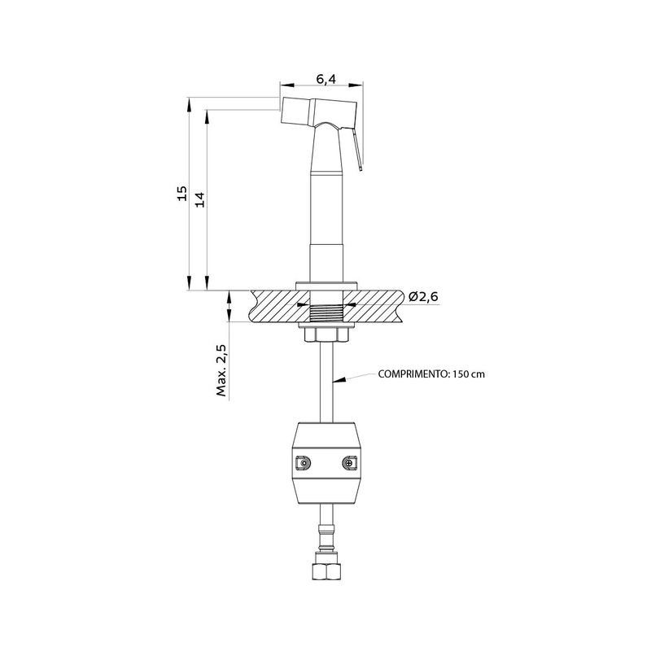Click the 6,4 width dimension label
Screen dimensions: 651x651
point(326,78)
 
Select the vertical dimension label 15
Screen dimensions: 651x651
point(181,194)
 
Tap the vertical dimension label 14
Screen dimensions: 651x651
point(200,199)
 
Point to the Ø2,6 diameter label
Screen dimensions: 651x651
point(423,296)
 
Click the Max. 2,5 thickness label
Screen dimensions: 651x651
point(221,370)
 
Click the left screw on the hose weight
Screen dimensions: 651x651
point(304,463)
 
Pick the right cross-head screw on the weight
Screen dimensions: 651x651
point(350,463)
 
